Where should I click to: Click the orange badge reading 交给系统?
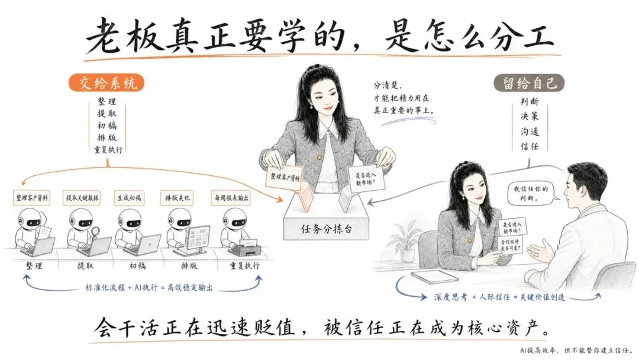coord(106,83)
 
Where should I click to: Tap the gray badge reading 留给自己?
coord(529,83)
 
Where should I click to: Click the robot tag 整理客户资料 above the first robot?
coord(32,198)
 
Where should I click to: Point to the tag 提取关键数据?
coord(82,198)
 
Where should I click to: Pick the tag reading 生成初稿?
coord(130,198)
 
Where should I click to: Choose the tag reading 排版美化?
coord(177,198)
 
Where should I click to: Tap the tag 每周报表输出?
coord(231,198)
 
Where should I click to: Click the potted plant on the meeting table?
coord(405,241)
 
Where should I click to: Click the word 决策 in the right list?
coord(530,116)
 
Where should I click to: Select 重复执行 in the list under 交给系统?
coord(108,149)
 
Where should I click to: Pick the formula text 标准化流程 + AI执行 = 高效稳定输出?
coord(149,287)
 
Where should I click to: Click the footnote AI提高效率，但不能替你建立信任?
coord(576,350)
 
